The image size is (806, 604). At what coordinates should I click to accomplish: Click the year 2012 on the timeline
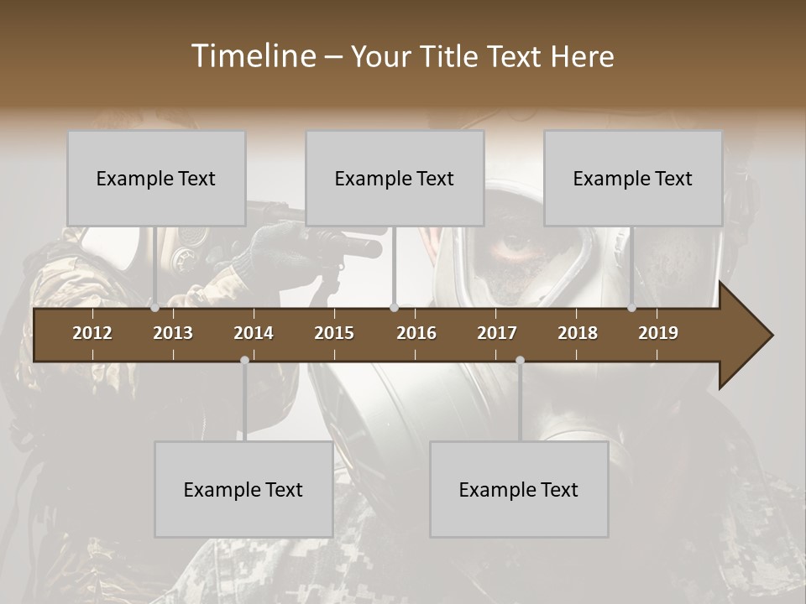[92, 333]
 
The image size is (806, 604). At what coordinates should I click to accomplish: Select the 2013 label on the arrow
[173, 333]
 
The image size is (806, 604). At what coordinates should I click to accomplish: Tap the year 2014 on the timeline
[254, 333]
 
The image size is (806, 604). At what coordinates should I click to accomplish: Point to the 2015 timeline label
[334, 333]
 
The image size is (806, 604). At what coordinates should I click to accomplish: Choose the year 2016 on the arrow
[416, 333]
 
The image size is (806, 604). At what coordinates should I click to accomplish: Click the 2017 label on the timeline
[497, 333]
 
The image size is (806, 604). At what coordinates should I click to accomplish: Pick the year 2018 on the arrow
[578, 333]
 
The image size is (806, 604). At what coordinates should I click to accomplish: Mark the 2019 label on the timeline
[658, 333]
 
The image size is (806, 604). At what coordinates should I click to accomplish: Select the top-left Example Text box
[156, 178]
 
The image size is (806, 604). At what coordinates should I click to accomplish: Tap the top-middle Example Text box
[395, 178]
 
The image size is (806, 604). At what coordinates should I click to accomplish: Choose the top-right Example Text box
[633, 178]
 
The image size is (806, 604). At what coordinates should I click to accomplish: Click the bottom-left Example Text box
[243, 489]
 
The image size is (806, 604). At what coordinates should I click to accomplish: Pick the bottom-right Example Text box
[519, 489]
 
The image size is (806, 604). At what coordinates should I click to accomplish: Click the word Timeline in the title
[251, 56]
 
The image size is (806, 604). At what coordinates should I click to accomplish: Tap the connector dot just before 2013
[155, 308]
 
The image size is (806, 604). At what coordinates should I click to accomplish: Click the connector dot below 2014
[244, 360]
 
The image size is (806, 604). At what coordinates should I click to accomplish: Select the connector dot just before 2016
[394, 308]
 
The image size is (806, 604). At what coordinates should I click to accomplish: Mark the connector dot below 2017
[520, 360]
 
